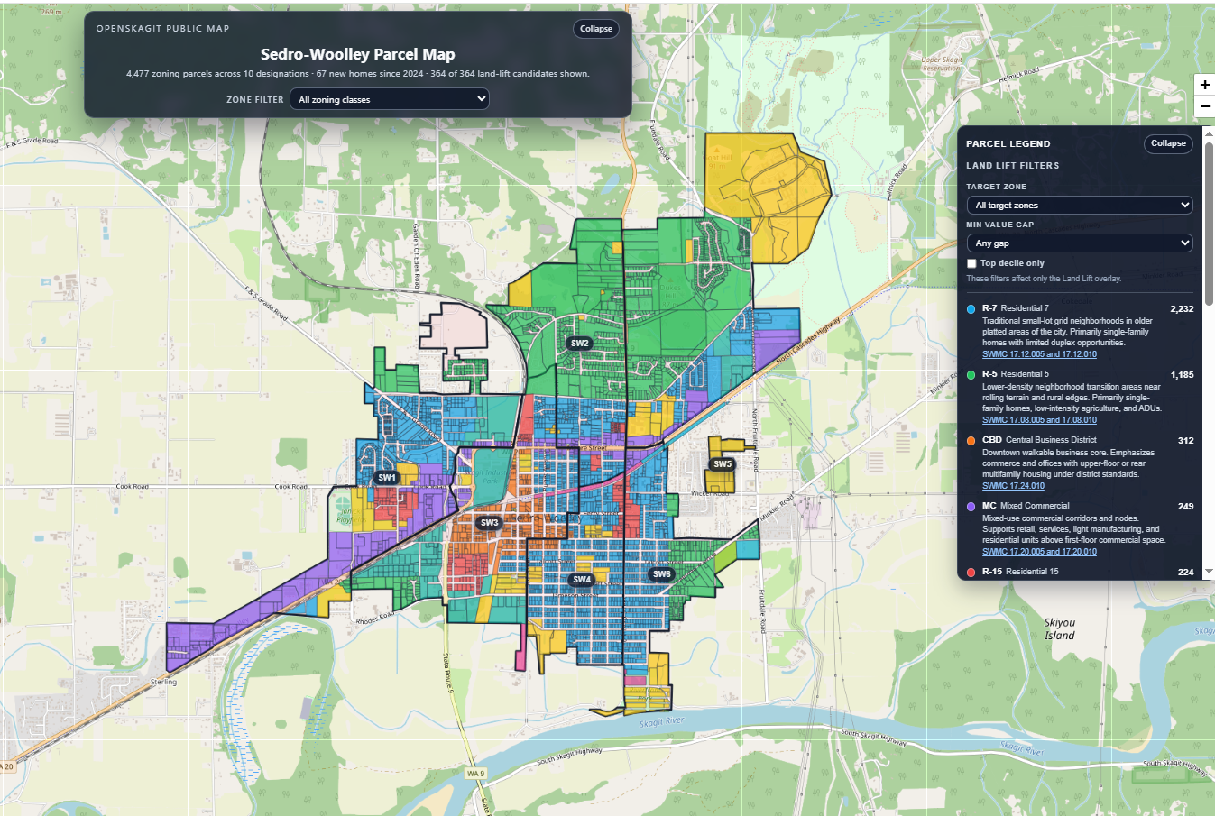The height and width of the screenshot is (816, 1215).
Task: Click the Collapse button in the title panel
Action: pyautogui.click(x=595, y=29)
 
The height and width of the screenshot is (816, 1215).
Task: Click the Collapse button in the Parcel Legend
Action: pyautogui.click(x=1167, y=143)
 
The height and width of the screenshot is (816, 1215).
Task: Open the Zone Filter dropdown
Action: pyautogui.click(x=390, y=99)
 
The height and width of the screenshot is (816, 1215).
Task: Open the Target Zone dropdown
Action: pyautogui.click(x=1079, y=206)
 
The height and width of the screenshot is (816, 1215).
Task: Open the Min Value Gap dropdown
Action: pyautogui.click(x=1079, y=243)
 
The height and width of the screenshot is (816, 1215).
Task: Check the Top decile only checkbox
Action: pyautogui.click(x=971, y=263)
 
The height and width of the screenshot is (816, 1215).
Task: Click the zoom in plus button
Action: pyautogui.click(x=1204, y=85)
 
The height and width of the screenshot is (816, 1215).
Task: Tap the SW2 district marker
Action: pyautogui.click(x=579, y=344)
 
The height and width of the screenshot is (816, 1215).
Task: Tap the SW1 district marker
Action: pyautogui.click(x=387, y=478)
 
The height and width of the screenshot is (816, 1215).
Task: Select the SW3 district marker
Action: pyautogui.click(x=489, y=523)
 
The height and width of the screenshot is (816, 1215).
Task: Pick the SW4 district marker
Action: pyautogui.click(x=582, y=580)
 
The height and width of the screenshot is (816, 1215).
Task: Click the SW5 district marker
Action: pyautogui.click(x=723, y=464)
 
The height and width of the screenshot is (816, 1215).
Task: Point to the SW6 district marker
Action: pyautogui.click(x=662, y=574)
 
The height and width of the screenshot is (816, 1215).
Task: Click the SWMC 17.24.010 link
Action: pyautogui.click(x=1013, y=486)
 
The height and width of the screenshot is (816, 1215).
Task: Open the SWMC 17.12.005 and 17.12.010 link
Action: pyautogui.click(x=1039, y=354)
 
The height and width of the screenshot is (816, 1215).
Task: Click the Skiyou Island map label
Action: pyautogui.click(x=1060, y=628)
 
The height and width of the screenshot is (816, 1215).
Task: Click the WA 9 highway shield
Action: pyautogui.click(x=475, y=774)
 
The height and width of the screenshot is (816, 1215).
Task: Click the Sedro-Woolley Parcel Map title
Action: pyautogui.click(x=357, y=54)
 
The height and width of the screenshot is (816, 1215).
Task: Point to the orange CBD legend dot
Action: pyautogui.click(x=971, y=441)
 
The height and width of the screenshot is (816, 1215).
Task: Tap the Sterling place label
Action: pyautogui.click(x=163, y=682)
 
